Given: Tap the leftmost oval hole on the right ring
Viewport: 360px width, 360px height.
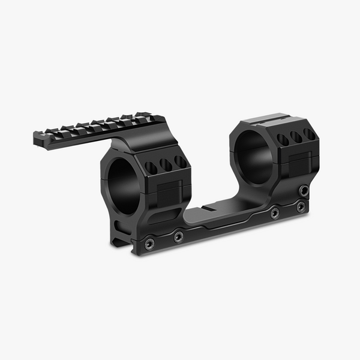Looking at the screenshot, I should click(x=282, y=140).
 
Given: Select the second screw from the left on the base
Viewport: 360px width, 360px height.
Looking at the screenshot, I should click(x=178, y=236).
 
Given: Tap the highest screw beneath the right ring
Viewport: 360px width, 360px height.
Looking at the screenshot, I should click(x=304, y=191).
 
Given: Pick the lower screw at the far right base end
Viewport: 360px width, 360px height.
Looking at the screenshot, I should click(x=301, y=207).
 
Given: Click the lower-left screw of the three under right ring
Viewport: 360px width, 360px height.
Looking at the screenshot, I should click(x=275, y=213).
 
